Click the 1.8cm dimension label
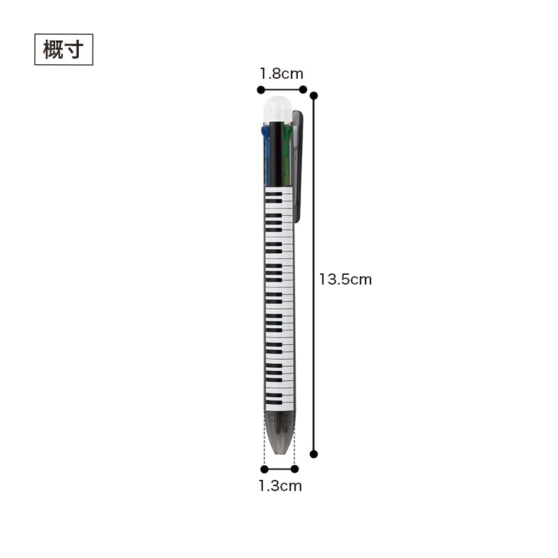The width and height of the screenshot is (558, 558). click(281, 74)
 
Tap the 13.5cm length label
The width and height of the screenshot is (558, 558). click(345, 280)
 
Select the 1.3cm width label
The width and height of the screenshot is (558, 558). click(280, 485)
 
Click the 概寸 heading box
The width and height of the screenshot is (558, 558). click(63, 50)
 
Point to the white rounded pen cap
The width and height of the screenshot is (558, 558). click(278, 110)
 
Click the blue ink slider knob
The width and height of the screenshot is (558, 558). click(265, 132)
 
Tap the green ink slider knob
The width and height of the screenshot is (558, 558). click(288, 132)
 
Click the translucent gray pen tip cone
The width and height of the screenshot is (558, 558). click(280, 432)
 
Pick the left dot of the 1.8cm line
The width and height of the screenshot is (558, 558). click(261, 90)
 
